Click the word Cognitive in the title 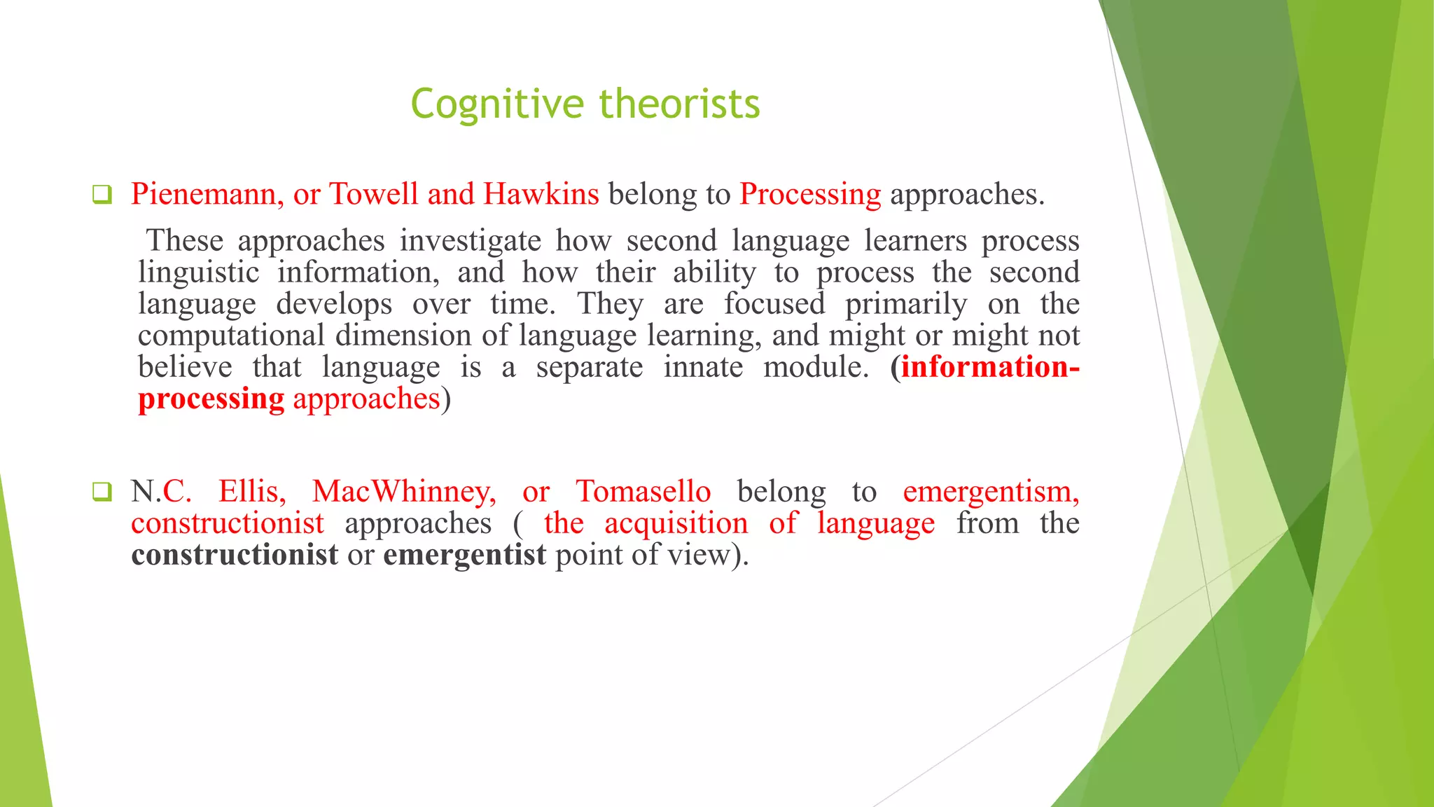[x=496, y=104]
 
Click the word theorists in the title [x=679, y=104]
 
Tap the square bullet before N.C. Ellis [x=102, y=492]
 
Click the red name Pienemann [x=207, y=194]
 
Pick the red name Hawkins [x=541, y=194]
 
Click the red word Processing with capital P [x=810, y=194]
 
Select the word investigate [x=471, y=241]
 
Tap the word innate [x=703, y=367]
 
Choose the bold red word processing [x=211, y=399]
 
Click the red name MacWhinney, [x=404, y=492]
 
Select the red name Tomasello [x=643, y=492]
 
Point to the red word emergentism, [x=991, y=492]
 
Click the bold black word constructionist [x=235, y=555]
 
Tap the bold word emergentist [x=464, y=555]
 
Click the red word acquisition [x=676, y=523]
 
